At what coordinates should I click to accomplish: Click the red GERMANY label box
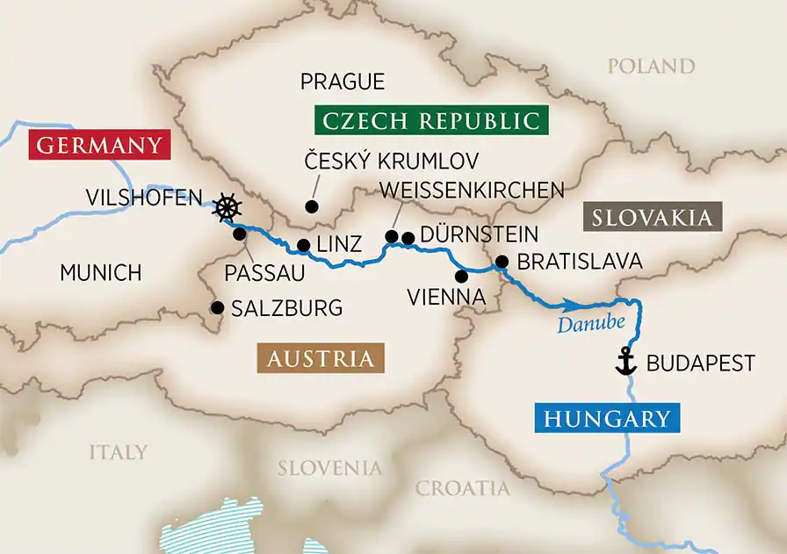pyautogui.click(x=97, y=145)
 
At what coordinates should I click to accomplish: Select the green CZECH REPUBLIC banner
pyautogui.click(x=430, y=120)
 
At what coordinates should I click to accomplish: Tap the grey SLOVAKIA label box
pyautogui.click(x=652, y=218)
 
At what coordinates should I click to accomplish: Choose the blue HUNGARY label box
pyautogui.click(x=607, y=419)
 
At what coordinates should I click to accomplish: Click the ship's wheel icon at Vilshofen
pyautogui.click(x=227, y=208)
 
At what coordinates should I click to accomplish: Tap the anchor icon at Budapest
pyautogui.click(x=625, y=362)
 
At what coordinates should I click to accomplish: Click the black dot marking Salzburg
pyautogui.click(x=216, y=307)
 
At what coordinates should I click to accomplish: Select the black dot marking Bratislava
pyautogui.click(x=502, y=262)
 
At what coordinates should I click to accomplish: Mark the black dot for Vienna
pyautogui.click(x=461, y=276)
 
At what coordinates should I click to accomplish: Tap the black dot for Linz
pyautogui.click(x=302, y=246)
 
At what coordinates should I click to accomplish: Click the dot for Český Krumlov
pyautogui.click(x=310, y=207)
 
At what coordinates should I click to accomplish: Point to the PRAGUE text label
pyautogui.click(x=343, y=82)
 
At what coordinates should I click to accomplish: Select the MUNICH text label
pyautogui.click(x=100, y=272)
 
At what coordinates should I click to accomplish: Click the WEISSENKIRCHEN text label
pyautogui.click(x=471, y=191)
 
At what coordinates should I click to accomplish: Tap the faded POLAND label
pyautogui.click(x=652, y=66)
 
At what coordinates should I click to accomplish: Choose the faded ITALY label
pyautogui.click(x=118, y=452)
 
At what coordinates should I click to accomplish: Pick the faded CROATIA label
pyautogui.click(x=462, y=488)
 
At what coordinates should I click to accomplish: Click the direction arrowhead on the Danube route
pyautogui.click(x=571, y=305)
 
